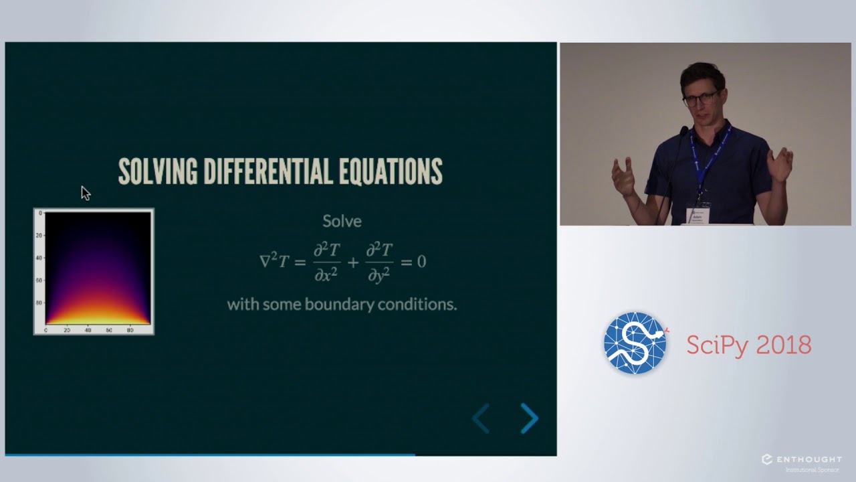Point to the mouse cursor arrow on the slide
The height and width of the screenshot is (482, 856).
point(85,193)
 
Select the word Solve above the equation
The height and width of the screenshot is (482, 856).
point(342,221)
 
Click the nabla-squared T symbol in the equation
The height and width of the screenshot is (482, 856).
point(274,261)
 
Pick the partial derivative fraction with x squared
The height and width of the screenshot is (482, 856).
point(327,261)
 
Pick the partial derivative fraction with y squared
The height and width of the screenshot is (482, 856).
point(379,261)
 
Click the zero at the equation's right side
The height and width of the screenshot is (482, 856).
point(421,261)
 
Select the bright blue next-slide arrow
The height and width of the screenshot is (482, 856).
point(529,418)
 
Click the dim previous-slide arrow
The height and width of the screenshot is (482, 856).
point(481,418)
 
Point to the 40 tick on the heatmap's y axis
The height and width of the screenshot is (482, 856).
point(39,258)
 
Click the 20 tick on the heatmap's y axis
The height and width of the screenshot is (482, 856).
point(39,235)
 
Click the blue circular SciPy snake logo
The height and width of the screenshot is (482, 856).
point(636,343)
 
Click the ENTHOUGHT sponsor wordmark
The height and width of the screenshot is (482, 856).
point(808,459)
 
